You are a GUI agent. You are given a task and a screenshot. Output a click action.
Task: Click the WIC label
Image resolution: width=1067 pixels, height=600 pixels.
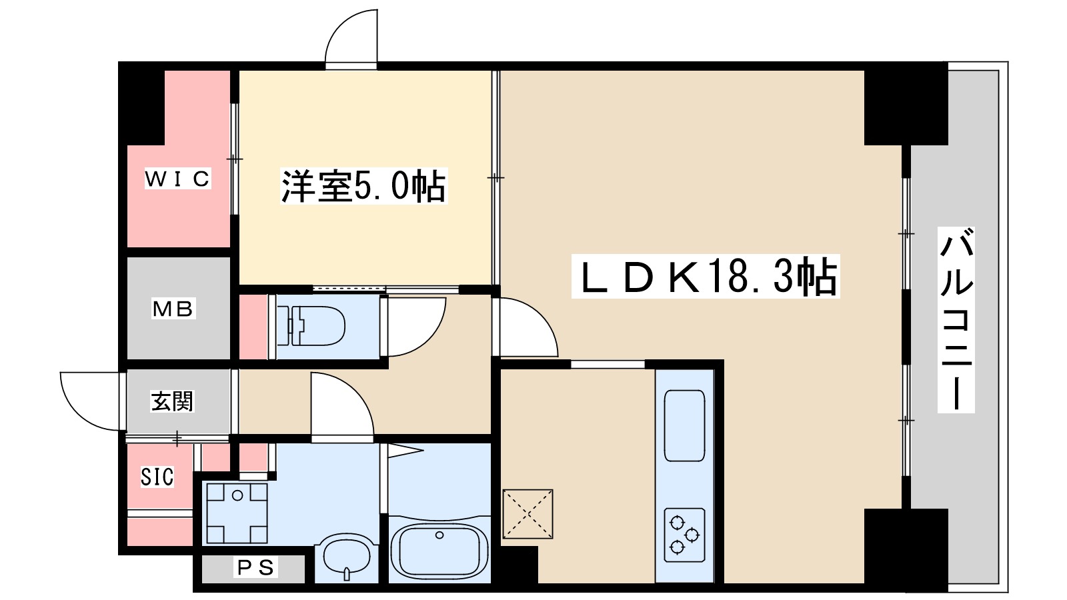[178, 179]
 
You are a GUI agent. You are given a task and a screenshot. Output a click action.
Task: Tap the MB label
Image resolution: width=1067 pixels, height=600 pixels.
[173, 309]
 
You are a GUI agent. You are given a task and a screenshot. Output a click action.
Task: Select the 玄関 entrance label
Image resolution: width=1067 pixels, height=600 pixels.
[172, 401]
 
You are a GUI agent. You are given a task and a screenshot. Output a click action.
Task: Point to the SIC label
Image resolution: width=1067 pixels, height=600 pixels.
[157, 476]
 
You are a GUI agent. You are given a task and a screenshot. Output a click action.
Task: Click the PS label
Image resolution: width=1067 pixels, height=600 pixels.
[256, 568]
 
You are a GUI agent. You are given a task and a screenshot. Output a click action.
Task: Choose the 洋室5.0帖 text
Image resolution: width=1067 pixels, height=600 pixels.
[363, 186]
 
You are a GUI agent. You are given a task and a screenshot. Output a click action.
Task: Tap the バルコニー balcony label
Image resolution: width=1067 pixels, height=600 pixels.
[956, 320]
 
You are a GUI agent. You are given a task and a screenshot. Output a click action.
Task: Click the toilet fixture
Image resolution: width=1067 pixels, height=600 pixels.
[312, 325]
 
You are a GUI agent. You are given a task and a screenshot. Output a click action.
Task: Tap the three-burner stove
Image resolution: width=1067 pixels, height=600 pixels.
[684, 535]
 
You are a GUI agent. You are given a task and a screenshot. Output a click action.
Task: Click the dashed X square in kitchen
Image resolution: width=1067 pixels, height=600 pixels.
[527, 513]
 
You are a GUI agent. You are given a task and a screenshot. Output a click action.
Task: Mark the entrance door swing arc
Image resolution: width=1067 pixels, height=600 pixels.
[89, 400]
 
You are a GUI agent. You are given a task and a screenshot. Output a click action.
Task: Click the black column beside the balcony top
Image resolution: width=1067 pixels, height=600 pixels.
[906, 104]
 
